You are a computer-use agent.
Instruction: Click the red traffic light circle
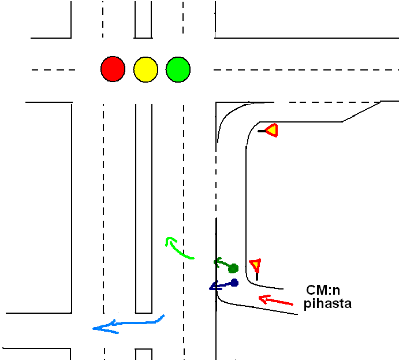(x=113, y=69)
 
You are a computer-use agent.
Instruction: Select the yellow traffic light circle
(x=146, y=69)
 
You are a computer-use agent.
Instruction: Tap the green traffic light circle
(x=178, y=69)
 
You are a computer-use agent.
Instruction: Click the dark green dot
(x=233, y=268)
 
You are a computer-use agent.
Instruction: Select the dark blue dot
(x=234, y=283)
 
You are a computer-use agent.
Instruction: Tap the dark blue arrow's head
(x=212, y=287)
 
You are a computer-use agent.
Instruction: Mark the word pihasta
(x=327, y=303)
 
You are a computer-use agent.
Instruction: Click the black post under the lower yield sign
(x=257, y=276)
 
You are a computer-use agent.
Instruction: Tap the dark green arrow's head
(x=218, y=262)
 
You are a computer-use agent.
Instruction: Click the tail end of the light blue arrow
(x=163, y=316)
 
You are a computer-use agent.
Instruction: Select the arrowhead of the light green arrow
(x=169, y=240)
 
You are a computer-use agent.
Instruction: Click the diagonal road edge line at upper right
(x=361, y=112)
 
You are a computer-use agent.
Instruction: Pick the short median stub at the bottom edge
(x=144, y=354)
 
